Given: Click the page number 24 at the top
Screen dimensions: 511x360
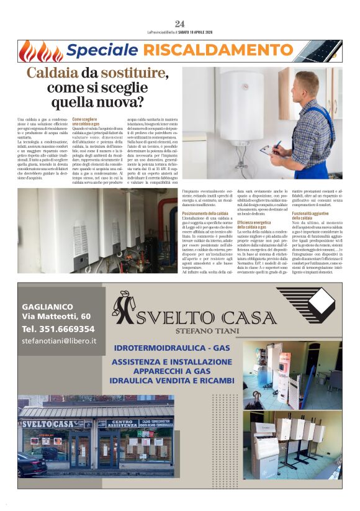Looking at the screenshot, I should click(179, 24).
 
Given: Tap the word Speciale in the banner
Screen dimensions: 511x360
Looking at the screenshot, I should click(101, 50).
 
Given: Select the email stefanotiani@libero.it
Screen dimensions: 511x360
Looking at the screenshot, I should click(59, 341).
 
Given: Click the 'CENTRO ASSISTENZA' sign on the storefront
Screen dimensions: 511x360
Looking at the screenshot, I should click(121, 424).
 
